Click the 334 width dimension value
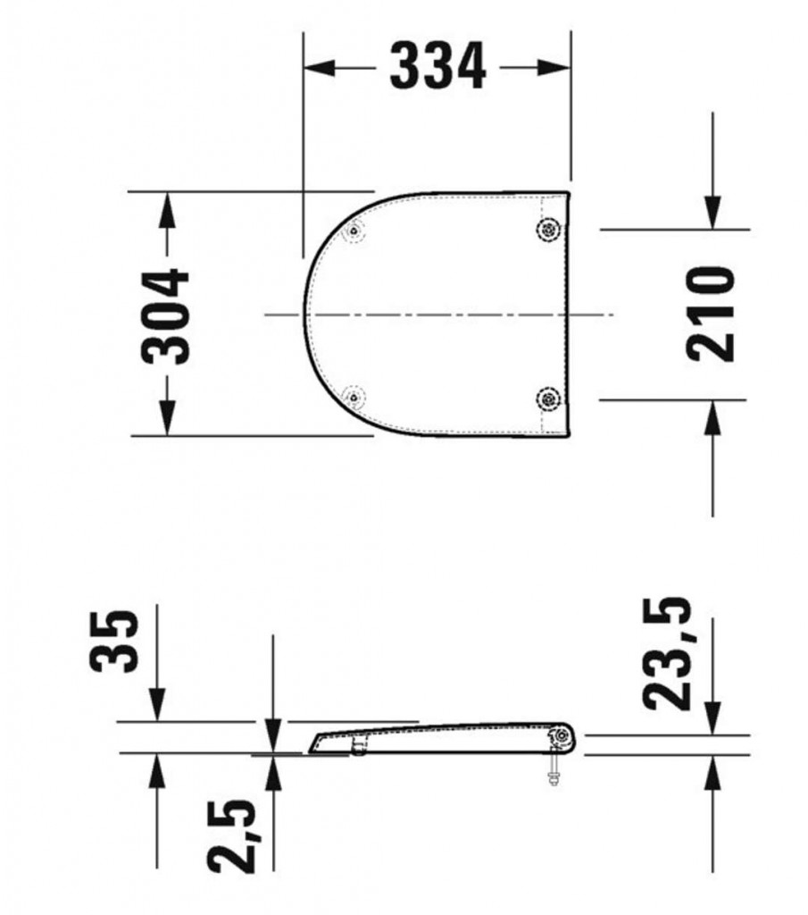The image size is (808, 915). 438,68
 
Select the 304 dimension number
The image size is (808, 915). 167,315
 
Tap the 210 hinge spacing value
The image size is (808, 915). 712,314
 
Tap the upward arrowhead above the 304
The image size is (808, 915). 166,208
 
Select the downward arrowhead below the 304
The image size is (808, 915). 166,420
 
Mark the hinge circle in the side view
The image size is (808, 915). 562,736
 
